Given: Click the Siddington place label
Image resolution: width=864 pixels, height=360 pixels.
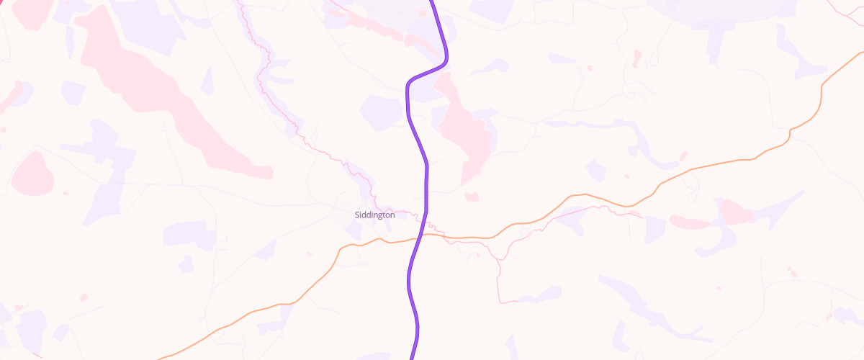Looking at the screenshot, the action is tap(374, 215).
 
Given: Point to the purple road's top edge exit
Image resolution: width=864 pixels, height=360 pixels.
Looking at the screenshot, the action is tap(433, 1).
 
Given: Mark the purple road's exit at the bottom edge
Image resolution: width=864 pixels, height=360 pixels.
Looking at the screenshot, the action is tap(413, 358).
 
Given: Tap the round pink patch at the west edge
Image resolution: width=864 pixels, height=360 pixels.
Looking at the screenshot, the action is tap(32, 173).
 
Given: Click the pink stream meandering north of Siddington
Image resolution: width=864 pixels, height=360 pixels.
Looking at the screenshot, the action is tap(288, 108).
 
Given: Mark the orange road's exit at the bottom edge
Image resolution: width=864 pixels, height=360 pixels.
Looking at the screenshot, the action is tap(160, 358).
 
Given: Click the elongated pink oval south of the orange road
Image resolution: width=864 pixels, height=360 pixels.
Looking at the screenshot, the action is tap(690, 221).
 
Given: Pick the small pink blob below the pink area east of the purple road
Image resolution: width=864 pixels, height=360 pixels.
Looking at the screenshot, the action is tap(472, 196).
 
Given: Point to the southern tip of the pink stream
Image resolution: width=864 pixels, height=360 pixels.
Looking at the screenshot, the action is tap(508, 302).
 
